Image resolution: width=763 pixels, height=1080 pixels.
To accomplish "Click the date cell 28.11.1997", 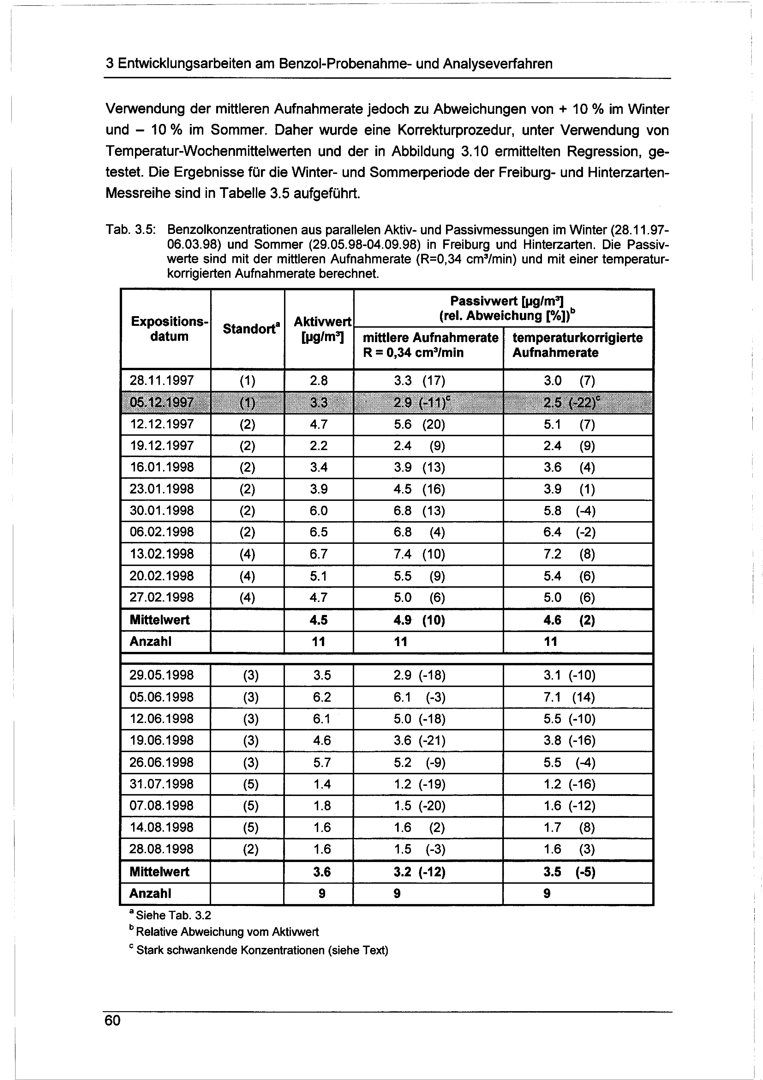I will [162, 380].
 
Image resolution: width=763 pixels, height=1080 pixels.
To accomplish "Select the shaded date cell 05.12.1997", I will [162, 402].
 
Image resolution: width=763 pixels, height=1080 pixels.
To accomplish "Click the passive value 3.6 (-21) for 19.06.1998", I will [419, 740].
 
